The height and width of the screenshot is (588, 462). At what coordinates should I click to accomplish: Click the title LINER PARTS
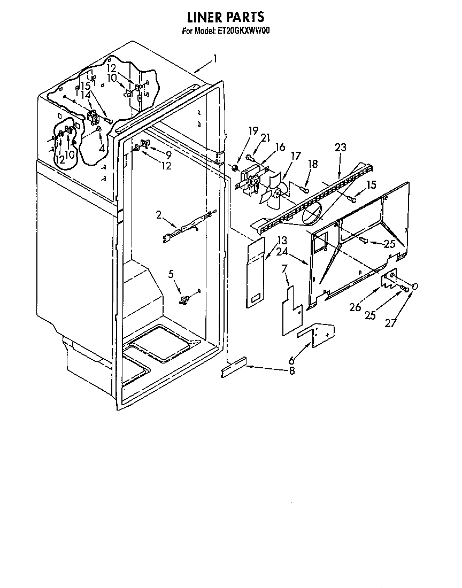(226, 17)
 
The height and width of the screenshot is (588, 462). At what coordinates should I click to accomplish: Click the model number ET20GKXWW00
(243, 31)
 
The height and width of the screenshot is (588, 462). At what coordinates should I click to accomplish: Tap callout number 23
(340, 148)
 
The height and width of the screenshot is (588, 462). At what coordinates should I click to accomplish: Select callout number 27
(391, 322)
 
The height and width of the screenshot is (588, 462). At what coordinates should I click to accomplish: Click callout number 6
(291, 361)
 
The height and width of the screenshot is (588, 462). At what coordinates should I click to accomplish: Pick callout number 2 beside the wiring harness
(159, 215)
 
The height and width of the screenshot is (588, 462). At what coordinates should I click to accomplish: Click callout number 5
(171, 274)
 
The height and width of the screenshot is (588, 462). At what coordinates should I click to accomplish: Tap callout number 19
(253, 130)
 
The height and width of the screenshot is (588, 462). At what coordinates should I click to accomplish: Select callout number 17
(296, 156)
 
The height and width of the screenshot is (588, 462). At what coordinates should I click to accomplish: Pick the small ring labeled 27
(415, 287)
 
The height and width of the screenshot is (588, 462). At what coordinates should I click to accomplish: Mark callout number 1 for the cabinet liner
(215, 59)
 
